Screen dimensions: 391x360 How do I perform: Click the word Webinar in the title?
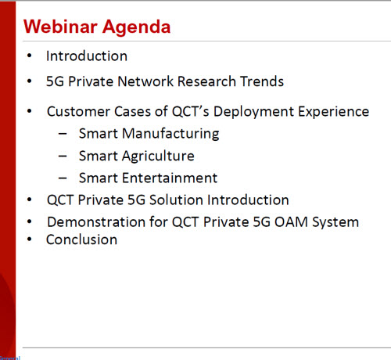click(x=60, y=27)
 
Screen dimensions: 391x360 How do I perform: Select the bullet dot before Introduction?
click(x=30, y=56)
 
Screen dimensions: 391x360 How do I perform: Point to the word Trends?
click(x=262, y=81)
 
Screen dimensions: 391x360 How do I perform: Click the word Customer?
click(x=79, y=111)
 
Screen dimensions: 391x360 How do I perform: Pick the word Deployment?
click(x=254, y=112)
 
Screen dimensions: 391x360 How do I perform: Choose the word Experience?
click(x=334, y=112)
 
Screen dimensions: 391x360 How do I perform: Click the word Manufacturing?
click(x=170, y=134)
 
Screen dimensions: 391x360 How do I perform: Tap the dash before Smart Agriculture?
click(x=63, y=157)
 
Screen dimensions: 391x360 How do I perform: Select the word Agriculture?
click(x=158, y=157)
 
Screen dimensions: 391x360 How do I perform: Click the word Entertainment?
click(x=170, y=178)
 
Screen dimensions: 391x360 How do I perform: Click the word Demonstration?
click(x=96, y=222)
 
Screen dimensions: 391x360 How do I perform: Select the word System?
click(x=335, y=223)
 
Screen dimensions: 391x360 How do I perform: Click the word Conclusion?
click(x=81, y=239)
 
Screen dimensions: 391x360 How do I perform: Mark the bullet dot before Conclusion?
click(x=30, y=239)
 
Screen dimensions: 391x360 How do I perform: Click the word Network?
click(x=145, y=81)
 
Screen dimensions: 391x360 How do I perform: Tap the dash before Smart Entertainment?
click(x=63, y=178)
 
